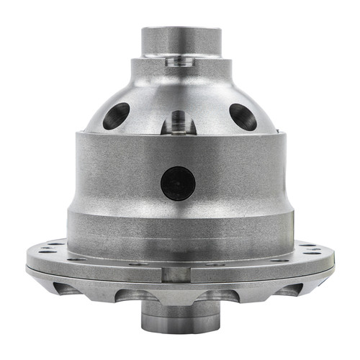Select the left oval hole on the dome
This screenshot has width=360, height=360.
pos(116,115)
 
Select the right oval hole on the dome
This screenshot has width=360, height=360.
pos(242,117)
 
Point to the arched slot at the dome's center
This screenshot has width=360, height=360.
pos(178,122)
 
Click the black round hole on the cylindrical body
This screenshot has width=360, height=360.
pos(178,183)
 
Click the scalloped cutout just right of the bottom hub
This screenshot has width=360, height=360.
pos(217,296)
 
